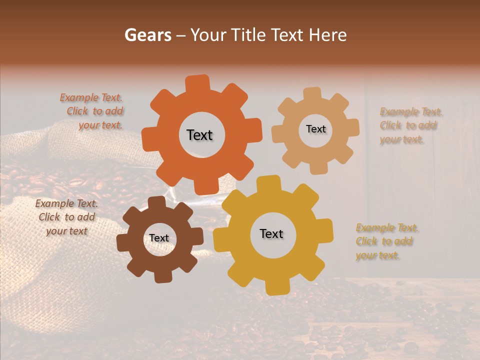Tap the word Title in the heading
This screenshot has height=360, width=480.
point(249,35)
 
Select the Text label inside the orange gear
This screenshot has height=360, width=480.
point(199,135)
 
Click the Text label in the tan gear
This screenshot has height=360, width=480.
point(315,129)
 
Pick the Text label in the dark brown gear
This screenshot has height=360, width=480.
point(159,238)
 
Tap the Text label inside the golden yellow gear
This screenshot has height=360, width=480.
point(271,233)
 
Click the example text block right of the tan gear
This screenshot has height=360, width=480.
point(410,125)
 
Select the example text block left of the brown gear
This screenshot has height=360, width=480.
point(67,217)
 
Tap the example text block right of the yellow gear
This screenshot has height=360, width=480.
point(386,241)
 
